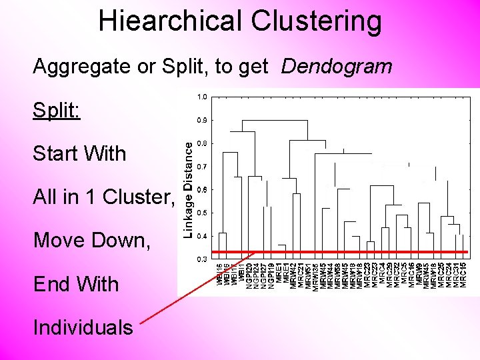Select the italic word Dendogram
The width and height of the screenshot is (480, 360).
point(337,66)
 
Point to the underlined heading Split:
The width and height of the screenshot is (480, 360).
point(57,109)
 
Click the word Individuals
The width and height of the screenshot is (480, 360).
point(83,327)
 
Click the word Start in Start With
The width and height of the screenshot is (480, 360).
point(57,153)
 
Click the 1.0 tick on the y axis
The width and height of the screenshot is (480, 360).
point(202,97)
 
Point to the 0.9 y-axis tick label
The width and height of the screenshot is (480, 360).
point(202,120)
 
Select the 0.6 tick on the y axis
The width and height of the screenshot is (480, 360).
point(202,190)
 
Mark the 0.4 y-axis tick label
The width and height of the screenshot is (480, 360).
point(202,236)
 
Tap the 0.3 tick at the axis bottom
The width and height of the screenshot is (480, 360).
point(202,258)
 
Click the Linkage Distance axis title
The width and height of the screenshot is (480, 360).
point(189,189)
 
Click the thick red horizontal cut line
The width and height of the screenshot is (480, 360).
point(347,252)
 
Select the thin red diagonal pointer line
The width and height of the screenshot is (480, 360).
point(193,287)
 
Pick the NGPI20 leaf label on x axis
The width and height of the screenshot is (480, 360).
point(249,276)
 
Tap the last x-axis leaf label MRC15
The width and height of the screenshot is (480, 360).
point(463,276)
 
